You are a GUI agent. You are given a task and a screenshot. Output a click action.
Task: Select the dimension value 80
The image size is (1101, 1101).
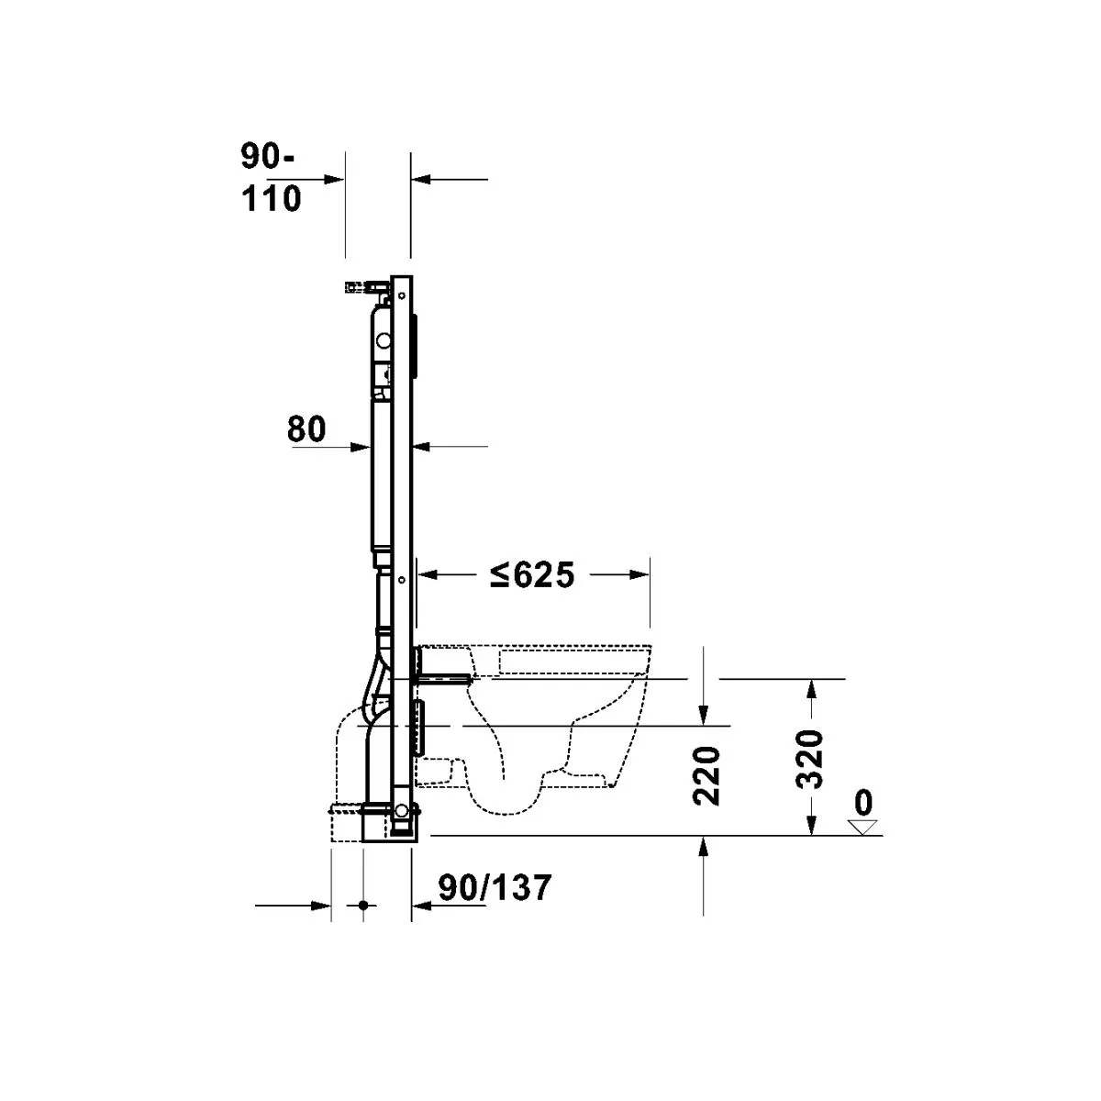(306, 429)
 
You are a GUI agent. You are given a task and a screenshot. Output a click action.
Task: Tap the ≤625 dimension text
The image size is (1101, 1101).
(531, 575)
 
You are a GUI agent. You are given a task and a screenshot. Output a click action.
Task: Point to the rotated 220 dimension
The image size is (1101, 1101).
(707, 775)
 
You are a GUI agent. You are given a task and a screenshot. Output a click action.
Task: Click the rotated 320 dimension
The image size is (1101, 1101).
(810, 760)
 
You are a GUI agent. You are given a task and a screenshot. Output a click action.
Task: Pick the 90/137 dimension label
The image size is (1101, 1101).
(495, 887)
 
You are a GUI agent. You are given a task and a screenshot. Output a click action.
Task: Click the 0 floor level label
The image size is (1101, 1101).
(862, 804)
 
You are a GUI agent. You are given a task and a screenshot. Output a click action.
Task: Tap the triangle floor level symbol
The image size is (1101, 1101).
(860, 828)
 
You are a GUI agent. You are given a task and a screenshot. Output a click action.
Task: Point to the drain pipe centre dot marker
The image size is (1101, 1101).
(363, 906)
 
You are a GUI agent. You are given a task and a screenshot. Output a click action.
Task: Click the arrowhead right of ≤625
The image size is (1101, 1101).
(642, 575)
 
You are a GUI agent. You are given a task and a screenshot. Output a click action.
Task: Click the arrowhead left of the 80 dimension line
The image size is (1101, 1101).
(363, 447)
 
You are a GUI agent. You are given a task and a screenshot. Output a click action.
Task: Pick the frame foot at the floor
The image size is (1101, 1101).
(402, 821)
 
